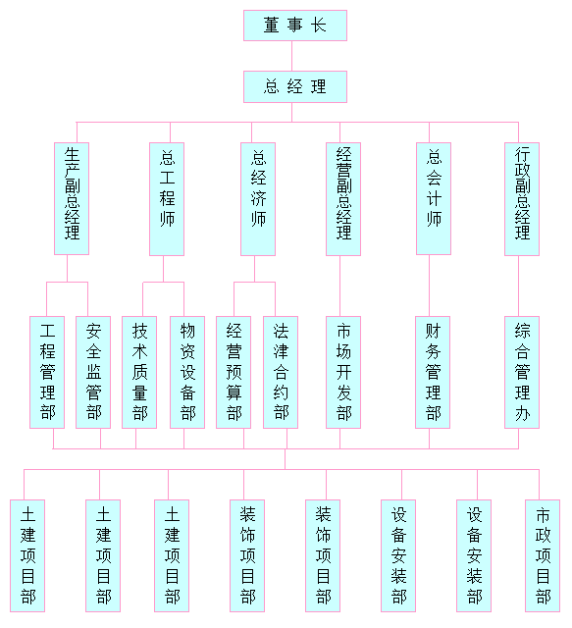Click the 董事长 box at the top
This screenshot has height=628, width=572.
click(x=295, y=26)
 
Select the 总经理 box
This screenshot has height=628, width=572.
click(x=295, y=87)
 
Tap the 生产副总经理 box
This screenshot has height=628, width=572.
click(x=72, y=198)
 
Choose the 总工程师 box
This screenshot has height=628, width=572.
click(x=167, y=199)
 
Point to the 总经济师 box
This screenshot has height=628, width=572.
click(x=258, y=199)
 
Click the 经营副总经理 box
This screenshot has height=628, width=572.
click(x=343, y=199)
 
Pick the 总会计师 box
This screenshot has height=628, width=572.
click(x=434, y=198)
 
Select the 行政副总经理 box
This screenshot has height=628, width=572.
click(x=522, y=199)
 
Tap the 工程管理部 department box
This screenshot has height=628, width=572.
click(x=47, y=373)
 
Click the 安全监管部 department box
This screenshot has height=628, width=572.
click(x=93, y=373)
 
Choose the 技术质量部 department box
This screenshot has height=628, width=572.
click(x=139, y=373)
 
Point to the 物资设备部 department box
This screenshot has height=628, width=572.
click(x=187, y=373)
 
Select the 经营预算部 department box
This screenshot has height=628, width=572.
click(x=234, y=373)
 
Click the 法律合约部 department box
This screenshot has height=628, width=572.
click(x=281, y=373)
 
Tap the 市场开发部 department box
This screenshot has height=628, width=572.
click(x=343, y=373)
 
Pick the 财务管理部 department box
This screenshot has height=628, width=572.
click(x=433, y=373)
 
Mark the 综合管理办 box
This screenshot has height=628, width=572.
click(x=522, y=373)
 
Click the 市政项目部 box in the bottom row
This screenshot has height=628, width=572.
click(x=543, y=556)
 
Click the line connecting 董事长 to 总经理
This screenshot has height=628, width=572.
click(x=291, y=56)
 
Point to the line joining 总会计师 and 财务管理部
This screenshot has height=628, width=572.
click(x=430, y=286)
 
